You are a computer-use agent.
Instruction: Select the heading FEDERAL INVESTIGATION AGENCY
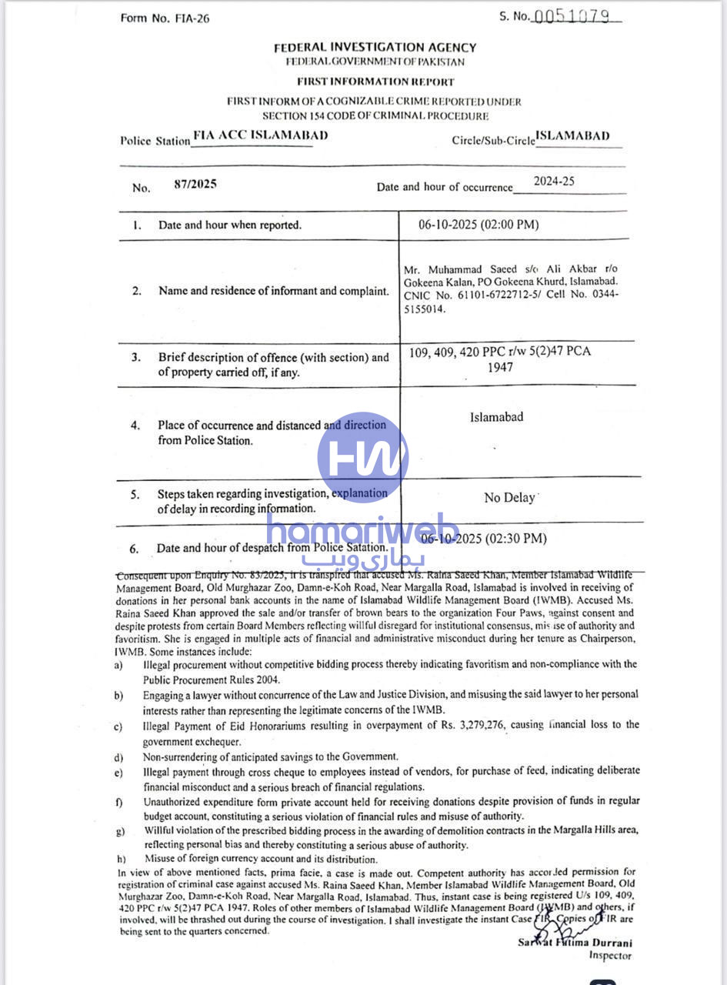click(x=375, y=48)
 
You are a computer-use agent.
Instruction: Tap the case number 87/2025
click(x=196, y=185)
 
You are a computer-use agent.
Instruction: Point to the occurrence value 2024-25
click(x=554, y=182)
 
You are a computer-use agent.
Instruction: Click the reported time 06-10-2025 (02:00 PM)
click(x=479, y=225)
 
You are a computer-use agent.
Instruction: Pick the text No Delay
click(x=509, y=498)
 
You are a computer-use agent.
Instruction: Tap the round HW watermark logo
click(x=362, y=457)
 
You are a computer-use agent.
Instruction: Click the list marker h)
click(x=122, y=858)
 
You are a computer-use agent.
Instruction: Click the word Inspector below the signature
click(x=610, y=956)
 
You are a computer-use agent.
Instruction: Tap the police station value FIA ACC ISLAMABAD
click(x=260, y=135)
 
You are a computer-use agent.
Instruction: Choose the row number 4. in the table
click(x=135, y=426)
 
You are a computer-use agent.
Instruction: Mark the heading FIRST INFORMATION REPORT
click(x=375, y=82)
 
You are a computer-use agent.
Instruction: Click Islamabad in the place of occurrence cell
click(x=496, y=417)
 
